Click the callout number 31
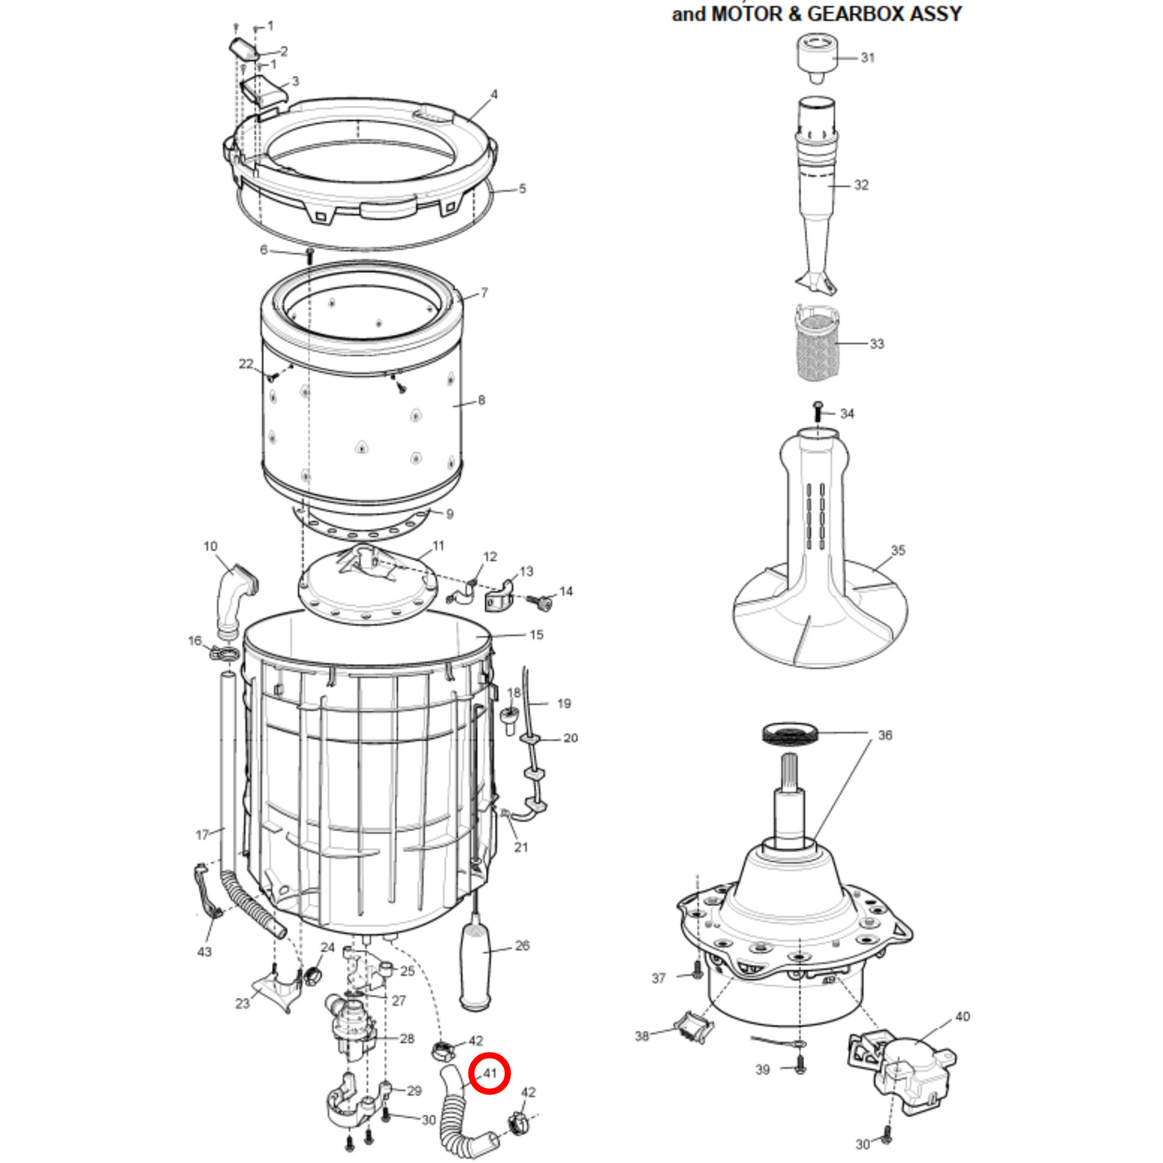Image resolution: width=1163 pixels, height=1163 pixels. (868, 58)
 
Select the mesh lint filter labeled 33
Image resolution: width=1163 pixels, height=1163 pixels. (816, 345)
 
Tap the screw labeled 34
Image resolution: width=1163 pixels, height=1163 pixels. (818, 411)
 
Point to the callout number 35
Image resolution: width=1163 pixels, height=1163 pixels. (898, 551)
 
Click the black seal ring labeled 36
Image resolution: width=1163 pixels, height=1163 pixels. (789, 733)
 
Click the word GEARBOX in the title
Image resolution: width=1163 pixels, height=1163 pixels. (854, 14)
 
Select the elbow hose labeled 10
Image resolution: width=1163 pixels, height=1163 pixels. (233, 598)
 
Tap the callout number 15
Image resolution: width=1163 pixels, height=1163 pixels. (536, 635)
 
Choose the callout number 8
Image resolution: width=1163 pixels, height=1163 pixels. (481, 400)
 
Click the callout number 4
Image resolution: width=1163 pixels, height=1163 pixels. (494, 95)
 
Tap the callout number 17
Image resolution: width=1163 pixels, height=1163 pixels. (202, 835)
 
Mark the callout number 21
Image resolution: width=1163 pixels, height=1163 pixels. (522, 848)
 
